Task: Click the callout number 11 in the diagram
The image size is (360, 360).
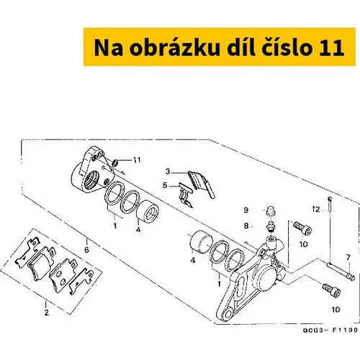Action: [137, 160]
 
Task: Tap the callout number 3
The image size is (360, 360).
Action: [168, 171]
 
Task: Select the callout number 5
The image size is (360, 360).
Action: [165, 186]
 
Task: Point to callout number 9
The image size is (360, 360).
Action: [246, 210]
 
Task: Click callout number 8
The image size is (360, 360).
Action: [246, 226]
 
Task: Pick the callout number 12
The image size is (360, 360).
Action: [316, 210]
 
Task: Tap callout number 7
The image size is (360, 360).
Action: [348, 258]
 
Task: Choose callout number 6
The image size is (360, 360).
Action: [86, 250]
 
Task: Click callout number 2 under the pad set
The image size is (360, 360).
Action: [47, 312]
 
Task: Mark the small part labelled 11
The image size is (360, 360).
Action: [115, 163]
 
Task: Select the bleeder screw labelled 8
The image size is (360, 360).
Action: [271, 227]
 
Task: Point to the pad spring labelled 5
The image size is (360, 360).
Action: [186, 194]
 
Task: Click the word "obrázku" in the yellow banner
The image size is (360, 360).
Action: [175, 48]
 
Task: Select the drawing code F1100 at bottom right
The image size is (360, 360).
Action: [345, 330]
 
